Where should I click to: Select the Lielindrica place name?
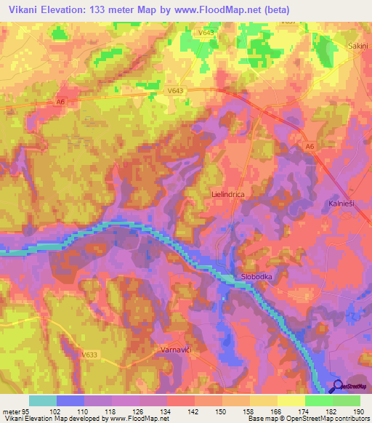click(x=226, y=195)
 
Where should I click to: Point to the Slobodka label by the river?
click(x=257, y=278)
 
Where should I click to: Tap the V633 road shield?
click(x=90, y=355)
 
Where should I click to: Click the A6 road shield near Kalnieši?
click(x=310, y=148)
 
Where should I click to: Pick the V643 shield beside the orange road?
click(x=174, y=91)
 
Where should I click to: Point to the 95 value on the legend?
click(x=26, y=412)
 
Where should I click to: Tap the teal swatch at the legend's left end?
click(x=42, y=400)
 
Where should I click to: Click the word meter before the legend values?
click(x=11, y=412)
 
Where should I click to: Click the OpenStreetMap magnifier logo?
click(x=339, y=387)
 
